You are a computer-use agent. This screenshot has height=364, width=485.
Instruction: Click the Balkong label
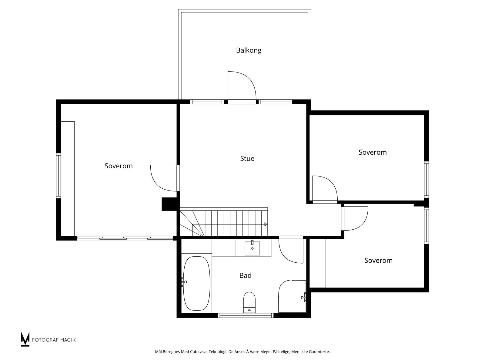point(249,50)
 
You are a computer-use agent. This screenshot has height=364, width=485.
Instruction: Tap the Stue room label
point(247,158)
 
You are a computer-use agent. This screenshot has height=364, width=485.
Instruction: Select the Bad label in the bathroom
point(245,275)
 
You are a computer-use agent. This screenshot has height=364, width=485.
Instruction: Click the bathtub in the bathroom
point(196,283)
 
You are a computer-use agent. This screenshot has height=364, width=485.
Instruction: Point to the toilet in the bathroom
point(249,302)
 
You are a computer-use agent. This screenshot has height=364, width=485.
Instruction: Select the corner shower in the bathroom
point(292,296)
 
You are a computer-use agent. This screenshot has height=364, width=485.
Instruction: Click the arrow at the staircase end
point(266,224)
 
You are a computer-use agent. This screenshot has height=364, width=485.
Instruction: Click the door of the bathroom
point(291,251)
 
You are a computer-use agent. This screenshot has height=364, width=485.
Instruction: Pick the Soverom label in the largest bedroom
point(119,166)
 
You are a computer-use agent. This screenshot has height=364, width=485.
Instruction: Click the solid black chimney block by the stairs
point(169,204)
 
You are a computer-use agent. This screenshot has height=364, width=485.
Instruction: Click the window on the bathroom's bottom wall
point(246,315)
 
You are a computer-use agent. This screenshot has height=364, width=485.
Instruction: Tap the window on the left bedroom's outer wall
point(58,176)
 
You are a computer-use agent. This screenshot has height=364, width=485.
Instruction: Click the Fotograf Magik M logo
point(25,339)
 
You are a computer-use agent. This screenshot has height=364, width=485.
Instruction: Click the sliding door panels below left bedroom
point(125,238)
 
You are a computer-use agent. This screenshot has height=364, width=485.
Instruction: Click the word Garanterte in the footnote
point(319,352)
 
